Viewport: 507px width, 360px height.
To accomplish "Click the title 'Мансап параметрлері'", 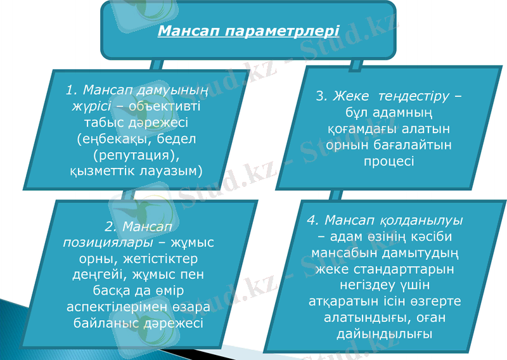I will (x=248, y=30).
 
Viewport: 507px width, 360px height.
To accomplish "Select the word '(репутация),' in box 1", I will (x=136, y=154).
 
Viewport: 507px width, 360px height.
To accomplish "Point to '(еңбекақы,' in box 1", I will (x=108, y=138).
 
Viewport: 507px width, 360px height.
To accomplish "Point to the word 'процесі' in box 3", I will (x=389, y=161).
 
